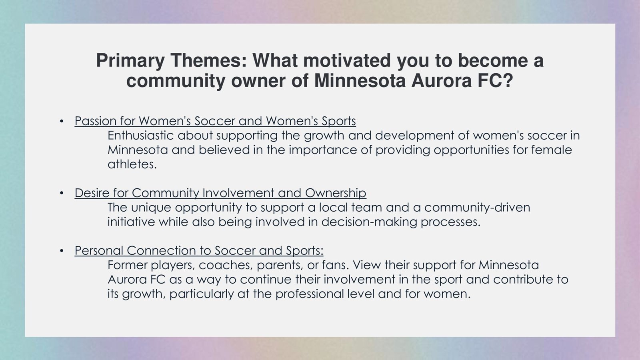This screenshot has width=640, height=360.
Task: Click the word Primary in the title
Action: tap(130, 61)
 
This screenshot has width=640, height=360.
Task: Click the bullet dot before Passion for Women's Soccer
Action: tap(62, 121)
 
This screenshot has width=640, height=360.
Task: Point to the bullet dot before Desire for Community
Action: tap(62, 193)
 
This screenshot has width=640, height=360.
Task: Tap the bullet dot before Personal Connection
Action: tap(62, 250)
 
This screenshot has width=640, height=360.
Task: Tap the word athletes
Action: tap(132, 164)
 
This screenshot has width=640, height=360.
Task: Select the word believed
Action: tap(224, 150)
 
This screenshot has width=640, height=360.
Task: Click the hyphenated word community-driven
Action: tap(477, 208)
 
